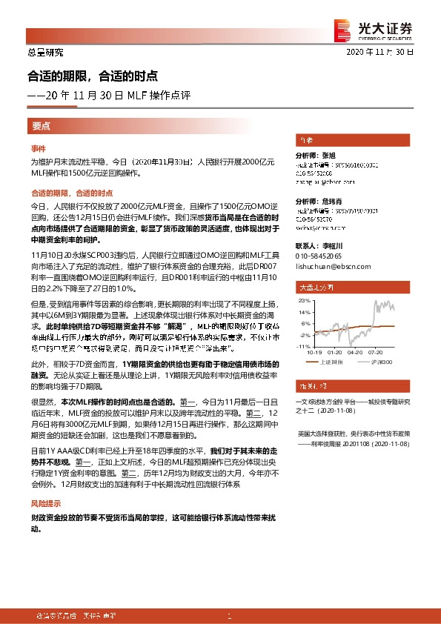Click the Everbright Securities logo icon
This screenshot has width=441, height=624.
click(x=342, y=27)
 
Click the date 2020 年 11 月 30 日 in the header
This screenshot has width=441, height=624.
click(x=379, y=53)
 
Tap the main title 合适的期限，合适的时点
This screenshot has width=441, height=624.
click(x=93, y=76)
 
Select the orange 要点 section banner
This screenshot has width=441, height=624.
click(x=42, y=126)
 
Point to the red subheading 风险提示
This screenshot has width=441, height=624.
click(x=46, y=502)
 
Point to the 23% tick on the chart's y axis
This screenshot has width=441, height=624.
click(x=304, y=302)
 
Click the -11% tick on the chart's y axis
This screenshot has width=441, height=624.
click(x=304, y=346)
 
